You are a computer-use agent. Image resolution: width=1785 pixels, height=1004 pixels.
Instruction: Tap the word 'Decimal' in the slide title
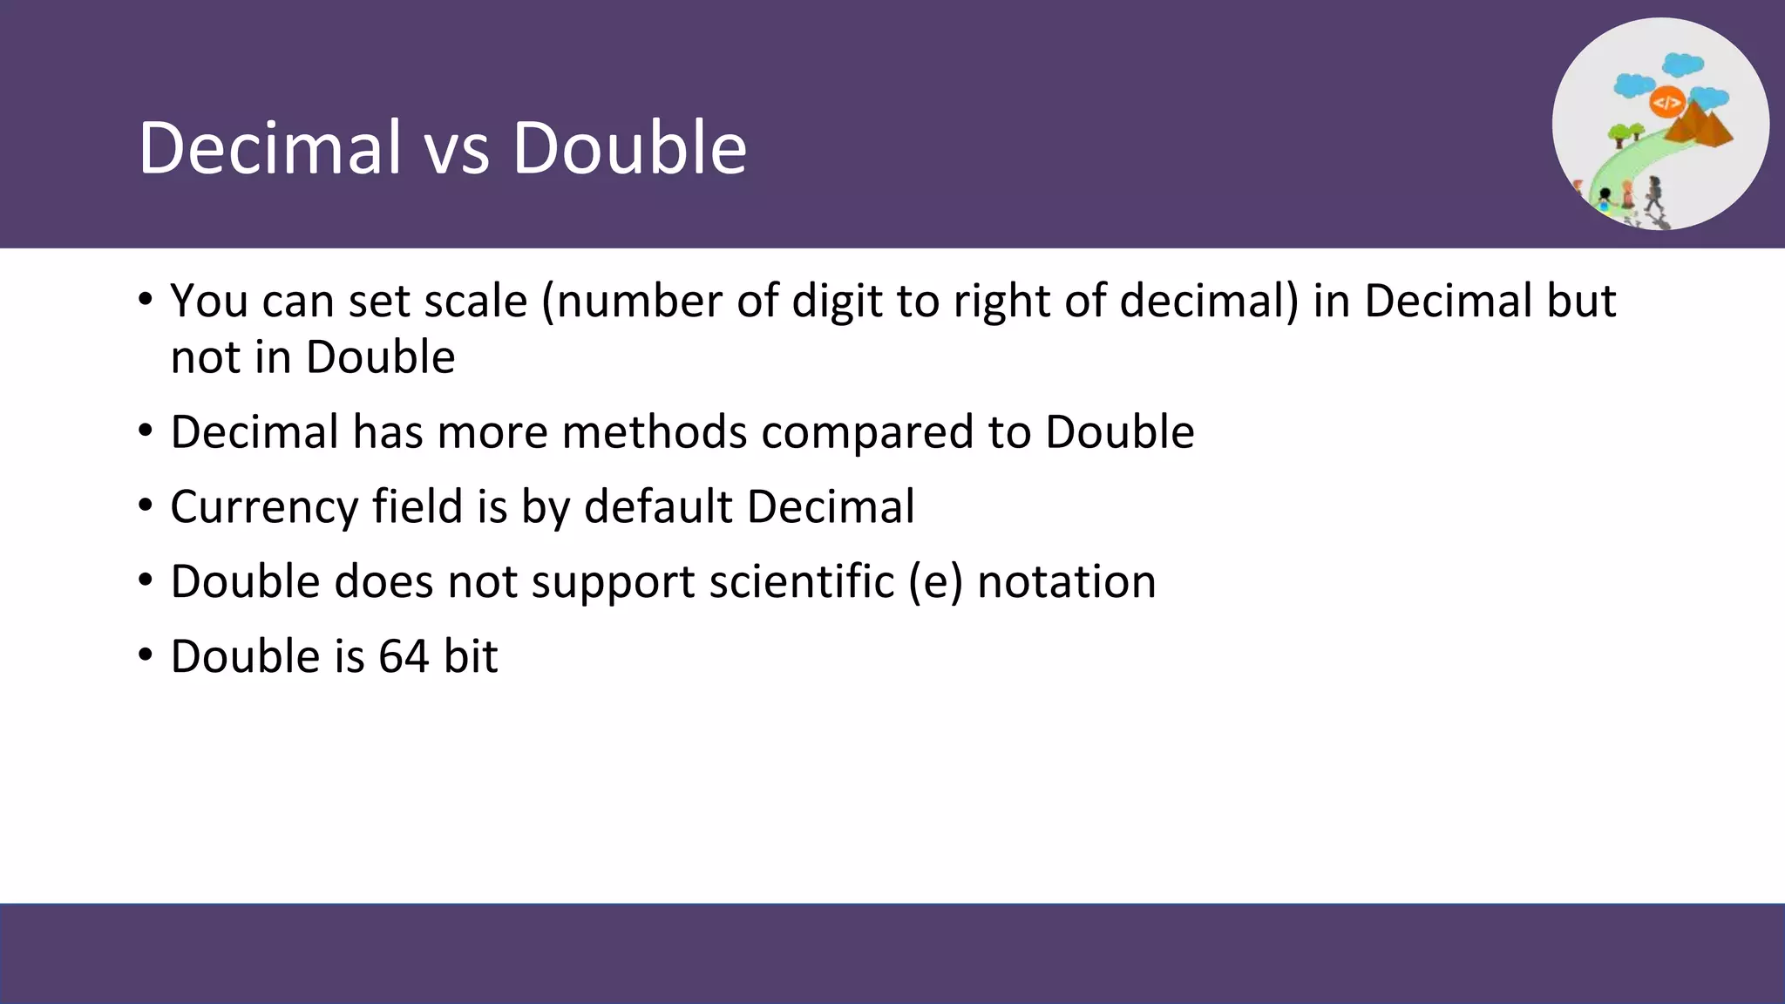pyautogui.click(x=269, y=148)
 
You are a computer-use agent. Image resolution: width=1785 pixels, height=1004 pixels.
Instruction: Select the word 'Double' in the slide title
pyautogui.click(x=628, y=148)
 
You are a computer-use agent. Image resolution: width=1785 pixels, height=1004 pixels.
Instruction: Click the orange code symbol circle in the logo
pyautogui.click(x=1666, y=103)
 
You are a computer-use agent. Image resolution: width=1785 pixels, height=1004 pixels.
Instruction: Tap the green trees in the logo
pyautogui.click(x=1626, y=133)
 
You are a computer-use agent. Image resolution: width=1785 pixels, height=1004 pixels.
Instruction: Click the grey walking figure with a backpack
pyautogui.click(x=1653, y=193)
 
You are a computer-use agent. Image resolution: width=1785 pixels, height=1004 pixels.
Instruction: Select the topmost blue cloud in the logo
pyautogui.click(x=1682, y=64)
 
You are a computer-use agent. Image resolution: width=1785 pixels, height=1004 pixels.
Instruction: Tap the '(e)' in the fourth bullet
pyautogui.click(x=935, y=582)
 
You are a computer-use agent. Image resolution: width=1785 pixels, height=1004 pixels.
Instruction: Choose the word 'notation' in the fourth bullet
pyautogui.click(x=1067, y=581)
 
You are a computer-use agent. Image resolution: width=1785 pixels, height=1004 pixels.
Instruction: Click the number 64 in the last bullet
pyautogui.click(x=404, y=656)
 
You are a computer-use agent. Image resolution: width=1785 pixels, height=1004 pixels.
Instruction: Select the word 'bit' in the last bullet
pyautogui.click(x=471, y=656)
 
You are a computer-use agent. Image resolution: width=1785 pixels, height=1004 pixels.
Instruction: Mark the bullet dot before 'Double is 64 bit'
pyautogui.click(x=146, y=655)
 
